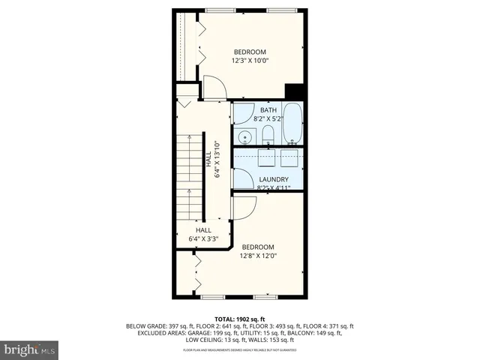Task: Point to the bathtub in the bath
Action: [x=292, y=124]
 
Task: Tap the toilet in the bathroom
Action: [x=267, y=135]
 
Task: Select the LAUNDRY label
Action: [x=274, y=179]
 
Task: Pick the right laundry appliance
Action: [x=289, y=158]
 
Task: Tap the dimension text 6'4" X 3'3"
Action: [x=203, y=239]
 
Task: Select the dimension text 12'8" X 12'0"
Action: [x=257, y=256]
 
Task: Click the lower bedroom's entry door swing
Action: [x=241, y=207]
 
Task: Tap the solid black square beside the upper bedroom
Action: [x=293, y=90]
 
